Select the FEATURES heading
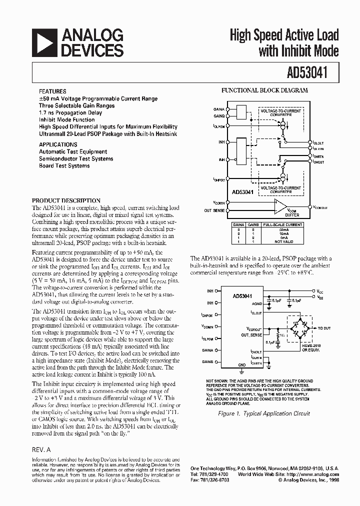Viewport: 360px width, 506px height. pos(52,92)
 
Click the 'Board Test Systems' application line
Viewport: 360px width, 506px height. pos(64,165)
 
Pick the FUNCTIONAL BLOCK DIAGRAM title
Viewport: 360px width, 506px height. pos(264,91)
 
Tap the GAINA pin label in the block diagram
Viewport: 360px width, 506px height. pos(219,108)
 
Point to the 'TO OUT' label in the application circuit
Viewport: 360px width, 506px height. pos(323,328)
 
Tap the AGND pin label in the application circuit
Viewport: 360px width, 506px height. pos(256,303)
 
